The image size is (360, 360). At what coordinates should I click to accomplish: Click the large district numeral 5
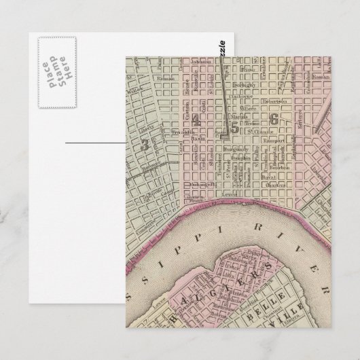[235, 125]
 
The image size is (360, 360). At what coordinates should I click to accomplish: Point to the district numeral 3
[144, 143]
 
